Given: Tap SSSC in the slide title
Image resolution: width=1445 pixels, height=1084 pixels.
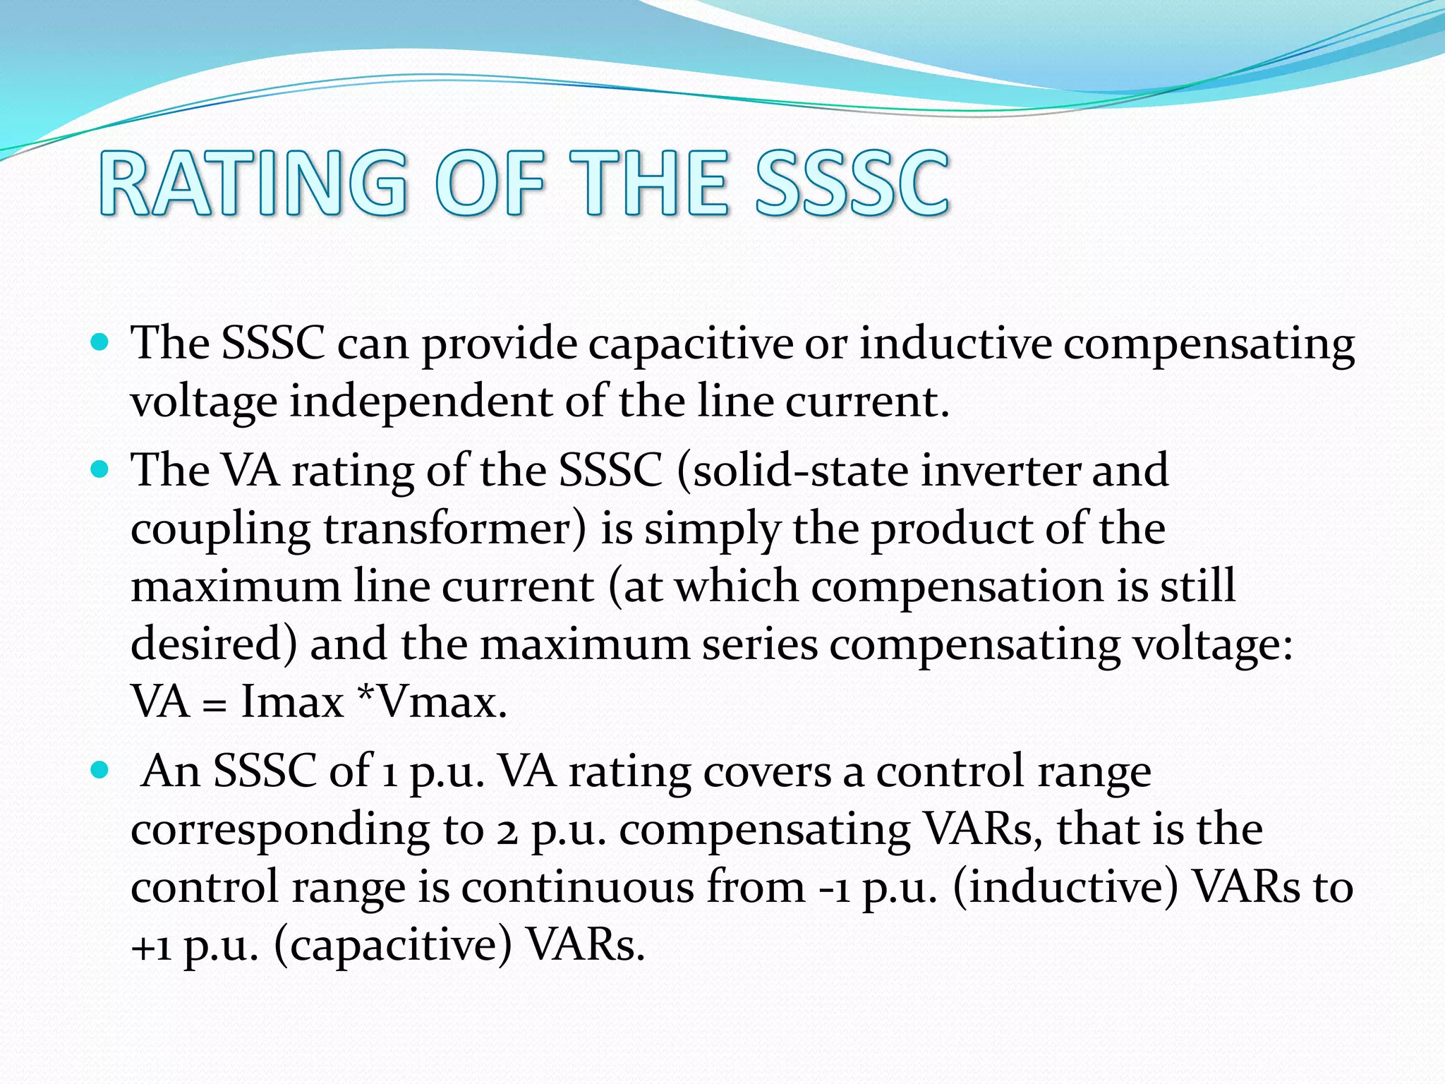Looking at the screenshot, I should (x=852, y=183).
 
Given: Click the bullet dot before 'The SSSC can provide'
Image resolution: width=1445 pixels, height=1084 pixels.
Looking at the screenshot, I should (x=100, y=344).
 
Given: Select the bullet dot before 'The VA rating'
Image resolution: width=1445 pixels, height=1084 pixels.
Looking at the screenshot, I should (x=100, y=469).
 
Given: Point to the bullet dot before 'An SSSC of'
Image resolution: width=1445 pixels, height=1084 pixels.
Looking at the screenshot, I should (x=100, y=770).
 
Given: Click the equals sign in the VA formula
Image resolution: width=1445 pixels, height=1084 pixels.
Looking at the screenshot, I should (x=214, y=705).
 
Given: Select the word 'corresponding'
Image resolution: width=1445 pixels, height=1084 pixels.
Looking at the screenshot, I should (x=279, y=831).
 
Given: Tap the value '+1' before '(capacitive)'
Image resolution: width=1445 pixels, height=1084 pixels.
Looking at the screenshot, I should (x=152, y=946).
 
